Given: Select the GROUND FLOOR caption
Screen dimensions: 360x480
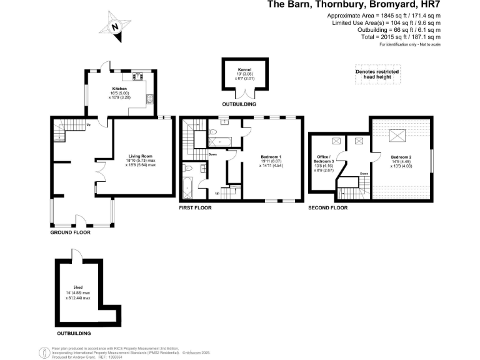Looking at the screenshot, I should click(x=70, y=232).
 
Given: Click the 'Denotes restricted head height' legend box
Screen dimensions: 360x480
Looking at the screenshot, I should click(x=377, y=74).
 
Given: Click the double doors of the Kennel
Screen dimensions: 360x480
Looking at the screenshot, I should click(x=244, y=94).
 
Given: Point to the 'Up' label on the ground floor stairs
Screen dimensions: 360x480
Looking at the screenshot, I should click(x=88, y=124).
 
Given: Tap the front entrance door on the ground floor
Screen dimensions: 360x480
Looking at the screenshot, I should click(x=81, y=220).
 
